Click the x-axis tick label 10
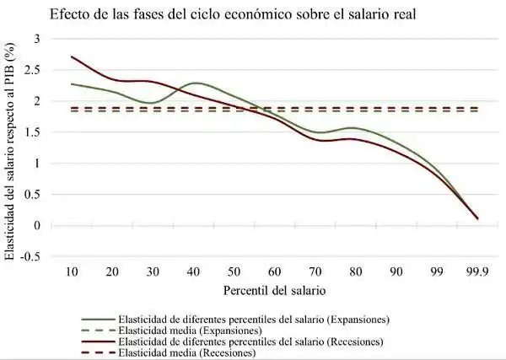pyautogui.click(x=73, y=272)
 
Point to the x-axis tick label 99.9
pyautogui.click(x=476, y=272)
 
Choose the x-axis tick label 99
pyautogui.click(x=437, y=272)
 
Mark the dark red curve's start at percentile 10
pyautogui.click(x=73, y=57)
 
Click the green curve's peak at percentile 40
pyautogui.click(x=196, y=83)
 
